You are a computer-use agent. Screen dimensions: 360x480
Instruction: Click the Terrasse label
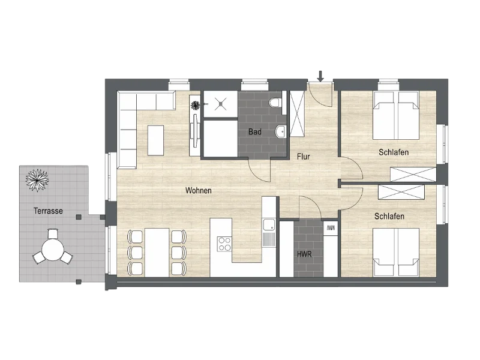[49, 211]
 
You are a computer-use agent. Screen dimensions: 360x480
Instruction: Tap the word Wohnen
[198, 190]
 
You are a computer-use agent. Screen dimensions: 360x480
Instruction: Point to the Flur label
[303, 157]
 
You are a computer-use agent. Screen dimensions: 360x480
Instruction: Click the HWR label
[304, 254]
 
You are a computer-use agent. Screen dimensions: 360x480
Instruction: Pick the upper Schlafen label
[394, 152]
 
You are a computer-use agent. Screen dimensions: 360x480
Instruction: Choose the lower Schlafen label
[389, 216]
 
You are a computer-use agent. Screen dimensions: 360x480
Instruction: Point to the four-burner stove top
[225, 244]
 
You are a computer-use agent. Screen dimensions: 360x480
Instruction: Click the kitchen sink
[268, 226]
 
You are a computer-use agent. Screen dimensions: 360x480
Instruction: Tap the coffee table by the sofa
[155, 139]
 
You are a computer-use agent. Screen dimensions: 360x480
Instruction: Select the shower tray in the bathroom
[220, 104]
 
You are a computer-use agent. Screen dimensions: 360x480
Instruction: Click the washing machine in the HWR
[330, 228]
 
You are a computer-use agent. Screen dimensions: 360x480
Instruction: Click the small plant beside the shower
[196, 106]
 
